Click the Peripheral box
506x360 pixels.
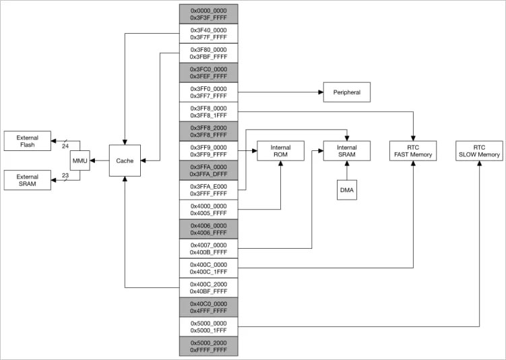point(346,92)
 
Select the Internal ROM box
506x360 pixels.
point(280,151)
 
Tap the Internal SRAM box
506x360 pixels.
point(346,151)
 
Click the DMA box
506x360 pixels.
point(346,190)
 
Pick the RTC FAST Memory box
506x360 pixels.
point(413,151)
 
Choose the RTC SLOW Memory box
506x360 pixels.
point(479,151)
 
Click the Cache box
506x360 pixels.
point(125,161)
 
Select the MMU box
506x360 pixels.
point(80,161)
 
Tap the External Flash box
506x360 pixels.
point(27,141)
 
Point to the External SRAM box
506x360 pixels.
point(27,180)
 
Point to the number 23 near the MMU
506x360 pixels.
point(65,176)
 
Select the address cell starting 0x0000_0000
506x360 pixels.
point(208,14)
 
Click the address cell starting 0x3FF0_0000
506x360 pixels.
point(208,92)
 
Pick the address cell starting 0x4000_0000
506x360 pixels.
point(208,210)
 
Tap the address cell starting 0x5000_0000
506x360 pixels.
point(208,327)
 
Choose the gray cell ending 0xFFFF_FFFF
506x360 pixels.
point(208,347)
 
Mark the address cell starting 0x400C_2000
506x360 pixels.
point(208,288)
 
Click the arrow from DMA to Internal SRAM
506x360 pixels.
point(346,171)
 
